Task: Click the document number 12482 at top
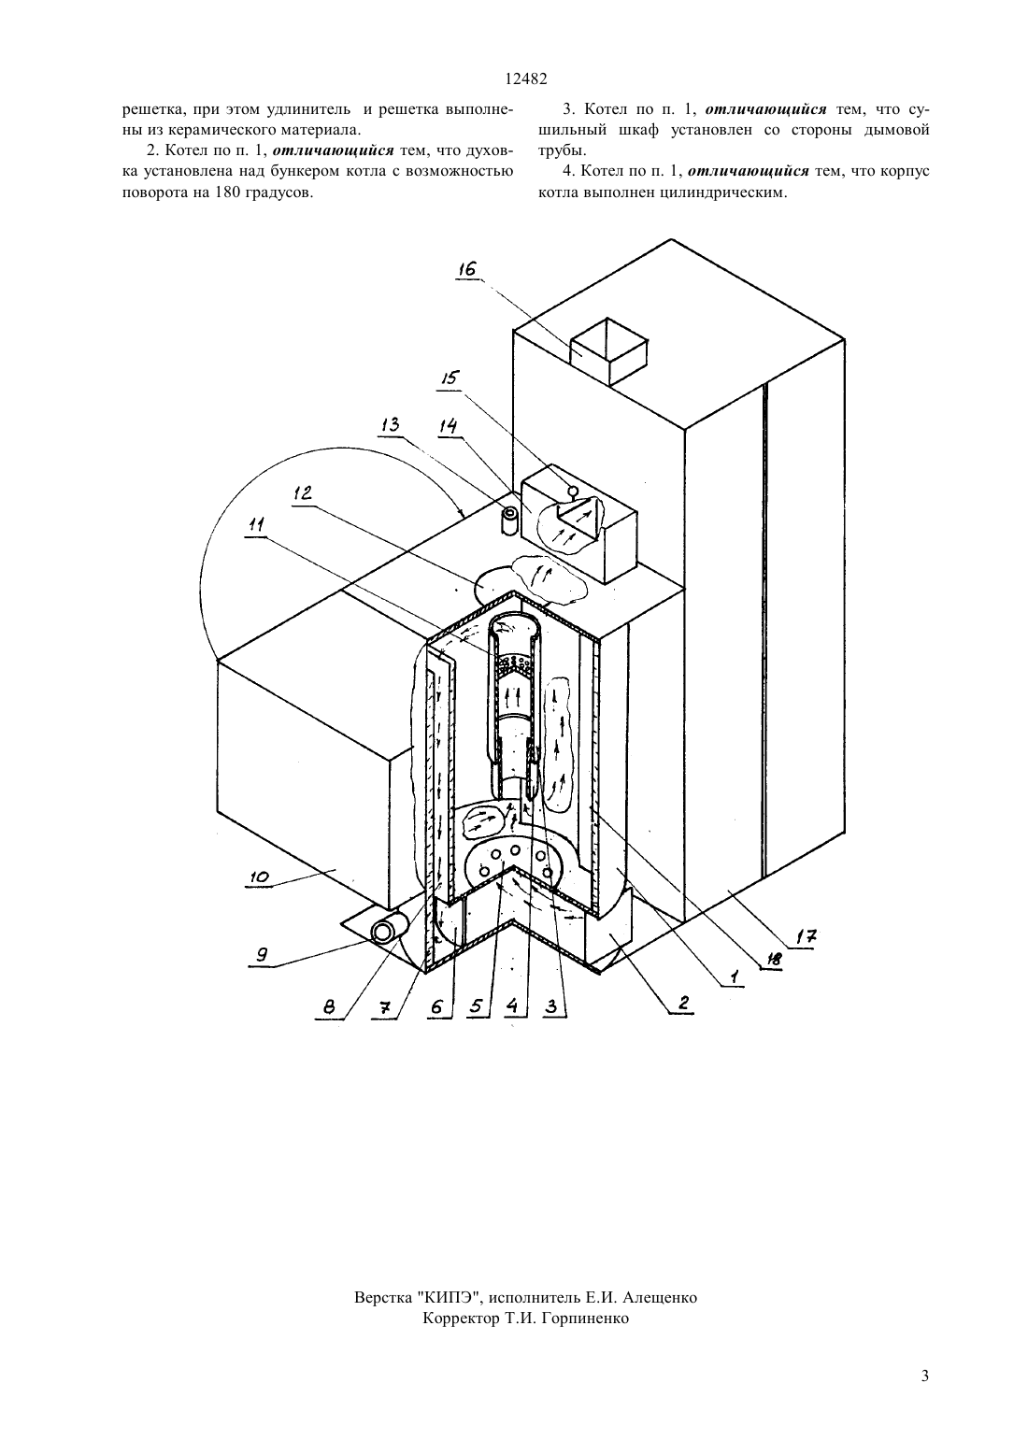coord(526,79)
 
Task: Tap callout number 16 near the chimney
coord(466,269)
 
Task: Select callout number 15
coord(450,378)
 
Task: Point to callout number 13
coord(390,425)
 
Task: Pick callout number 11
coord(257,524)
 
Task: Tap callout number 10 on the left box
coord(259,877)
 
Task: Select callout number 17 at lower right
coord(807,936)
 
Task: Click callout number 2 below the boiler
coord(682,1003)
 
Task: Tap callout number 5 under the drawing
coord(477,1006)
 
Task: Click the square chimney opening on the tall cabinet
coord(609,350)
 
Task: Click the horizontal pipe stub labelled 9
coord(388,931)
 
